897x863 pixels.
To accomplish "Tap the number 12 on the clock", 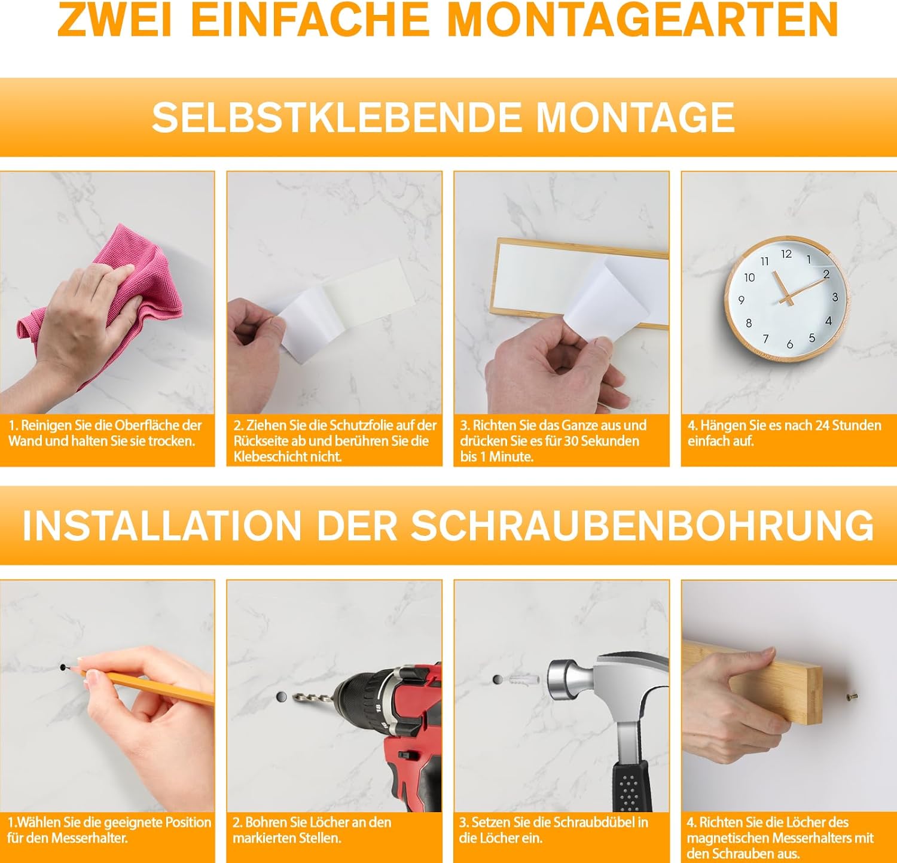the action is point(786,254).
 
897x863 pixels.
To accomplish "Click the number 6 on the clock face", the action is point(790,344).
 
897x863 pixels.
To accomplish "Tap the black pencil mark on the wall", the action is point(64,666).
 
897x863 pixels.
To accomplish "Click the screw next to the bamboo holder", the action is point(852,696).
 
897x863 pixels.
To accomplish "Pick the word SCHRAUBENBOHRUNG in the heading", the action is point(643,526).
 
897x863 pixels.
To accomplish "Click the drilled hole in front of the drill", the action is point(282,697).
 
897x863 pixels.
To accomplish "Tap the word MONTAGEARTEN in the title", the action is point(643,19).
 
